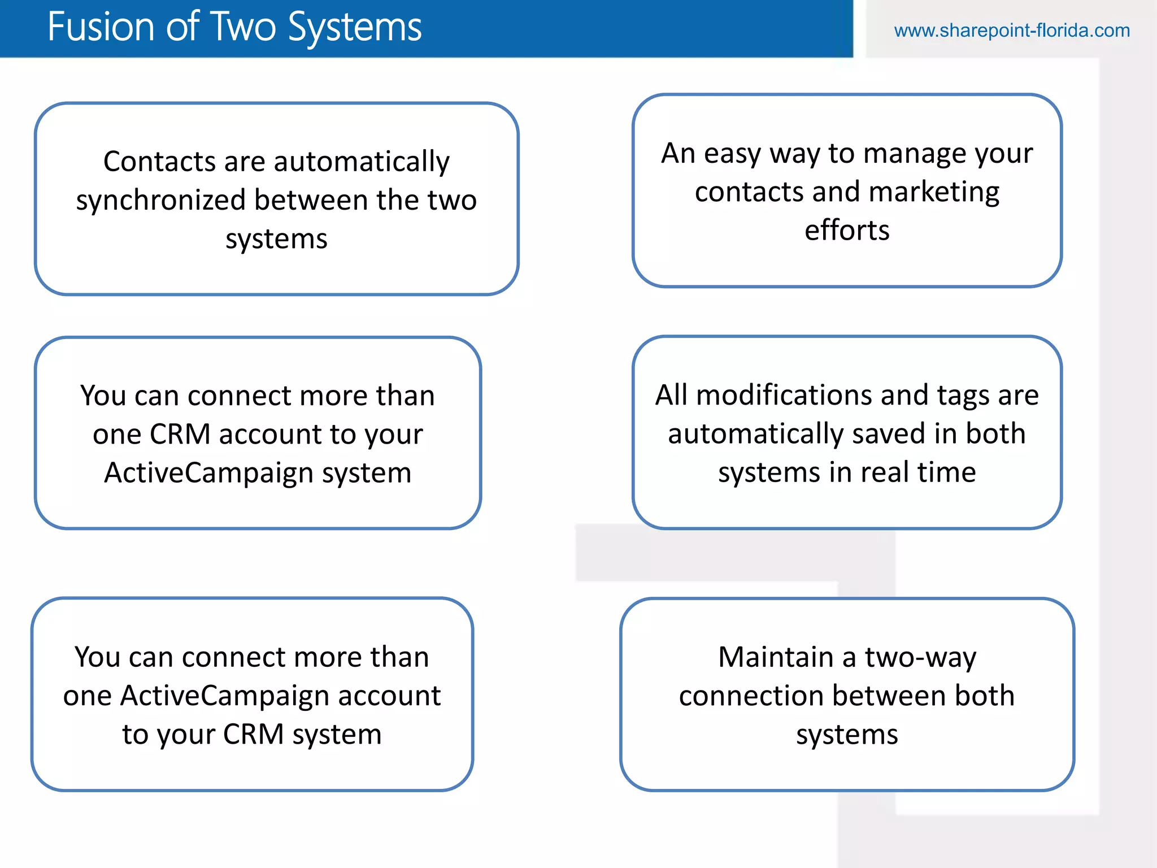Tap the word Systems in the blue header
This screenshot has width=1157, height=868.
point(355,27)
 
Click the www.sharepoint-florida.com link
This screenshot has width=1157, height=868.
point(1011,31)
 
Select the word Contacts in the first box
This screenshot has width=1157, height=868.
point(160,162)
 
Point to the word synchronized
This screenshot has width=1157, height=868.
point(160,201)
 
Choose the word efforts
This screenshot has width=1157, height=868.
point(847,231)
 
